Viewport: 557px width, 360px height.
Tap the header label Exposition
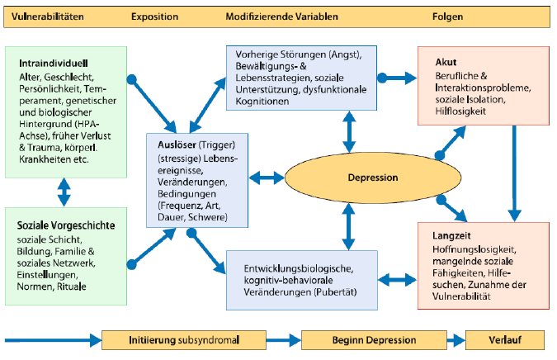(155, 16)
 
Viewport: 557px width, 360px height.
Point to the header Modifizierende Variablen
(279, 16)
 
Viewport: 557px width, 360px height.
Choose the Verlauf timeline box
(505, 339)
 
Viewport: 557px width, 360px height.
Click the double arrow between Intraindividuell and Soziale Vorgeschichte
(63, 192)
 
